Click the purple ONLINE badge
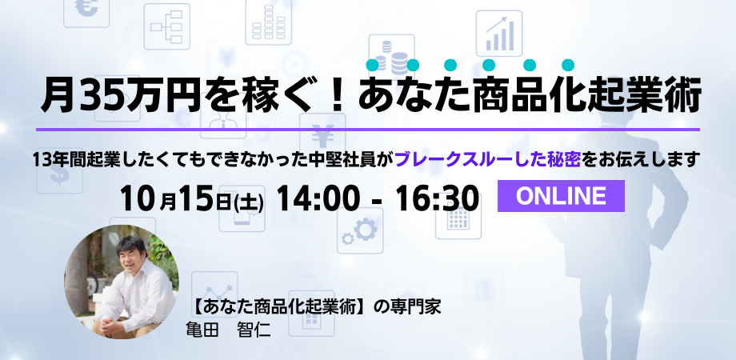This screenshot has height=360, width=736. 561,196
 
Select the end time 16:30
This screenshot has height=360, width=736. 437,198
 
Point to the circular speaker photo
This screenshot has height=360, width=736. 121,282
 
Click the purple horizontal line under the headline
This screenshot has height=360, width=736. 367,129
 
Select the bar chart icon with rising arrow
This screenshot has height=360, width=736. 499,34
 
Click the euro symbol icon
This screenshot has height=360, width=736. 86,10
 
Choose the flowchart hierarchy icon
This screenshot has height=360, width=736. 166,26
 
